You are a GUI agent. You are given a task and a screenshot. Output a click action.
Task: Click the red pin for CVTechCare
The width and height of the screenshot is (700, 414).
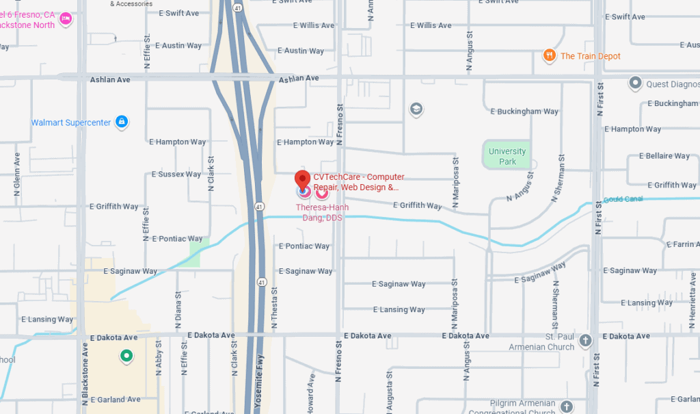click(x=302, y=180)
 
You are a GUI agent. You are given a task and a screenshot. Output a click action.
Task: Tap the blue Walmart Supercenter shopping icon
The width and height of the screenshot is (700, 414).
click(x=122, y=122)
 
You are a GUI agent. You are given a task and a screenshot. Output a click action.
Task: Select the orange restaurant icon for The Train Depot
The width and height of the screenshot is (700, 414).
click(x=549, y=56)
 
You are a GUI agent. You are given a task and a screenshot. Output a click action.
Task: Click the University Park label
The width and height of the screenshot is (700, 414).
click(x=507, y=156)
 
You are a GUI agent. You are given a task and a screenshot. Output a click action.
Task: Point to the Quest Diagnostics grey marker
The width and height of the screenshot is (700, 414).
click(x=635, y=84)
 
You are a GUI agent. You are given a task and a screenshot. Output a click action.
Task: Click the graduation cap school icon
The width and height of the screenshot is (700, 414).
click(x=416, y=109)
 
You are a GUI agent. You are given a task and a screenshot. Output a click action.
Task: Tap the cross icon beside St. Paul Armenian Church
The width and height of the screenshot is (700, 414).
click(x=585, y=340)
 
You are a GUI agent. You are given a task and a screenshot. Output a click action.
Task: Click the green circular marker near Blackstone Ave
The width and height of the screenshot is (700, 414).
click(x=126, y=356)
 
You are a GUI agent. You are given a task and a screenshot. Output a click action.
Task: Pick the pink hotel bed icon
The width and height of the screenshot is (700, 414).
click(x=66, y=18)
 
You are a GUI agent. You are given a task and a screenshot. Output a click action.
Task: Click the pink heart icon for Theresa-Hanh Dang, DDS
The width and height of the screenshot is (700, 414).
click(x=321, y=192)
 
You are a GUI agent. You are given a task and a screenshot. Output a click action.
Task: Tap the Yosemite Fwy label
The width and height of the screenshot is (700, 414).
click(x=258, y=386)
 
